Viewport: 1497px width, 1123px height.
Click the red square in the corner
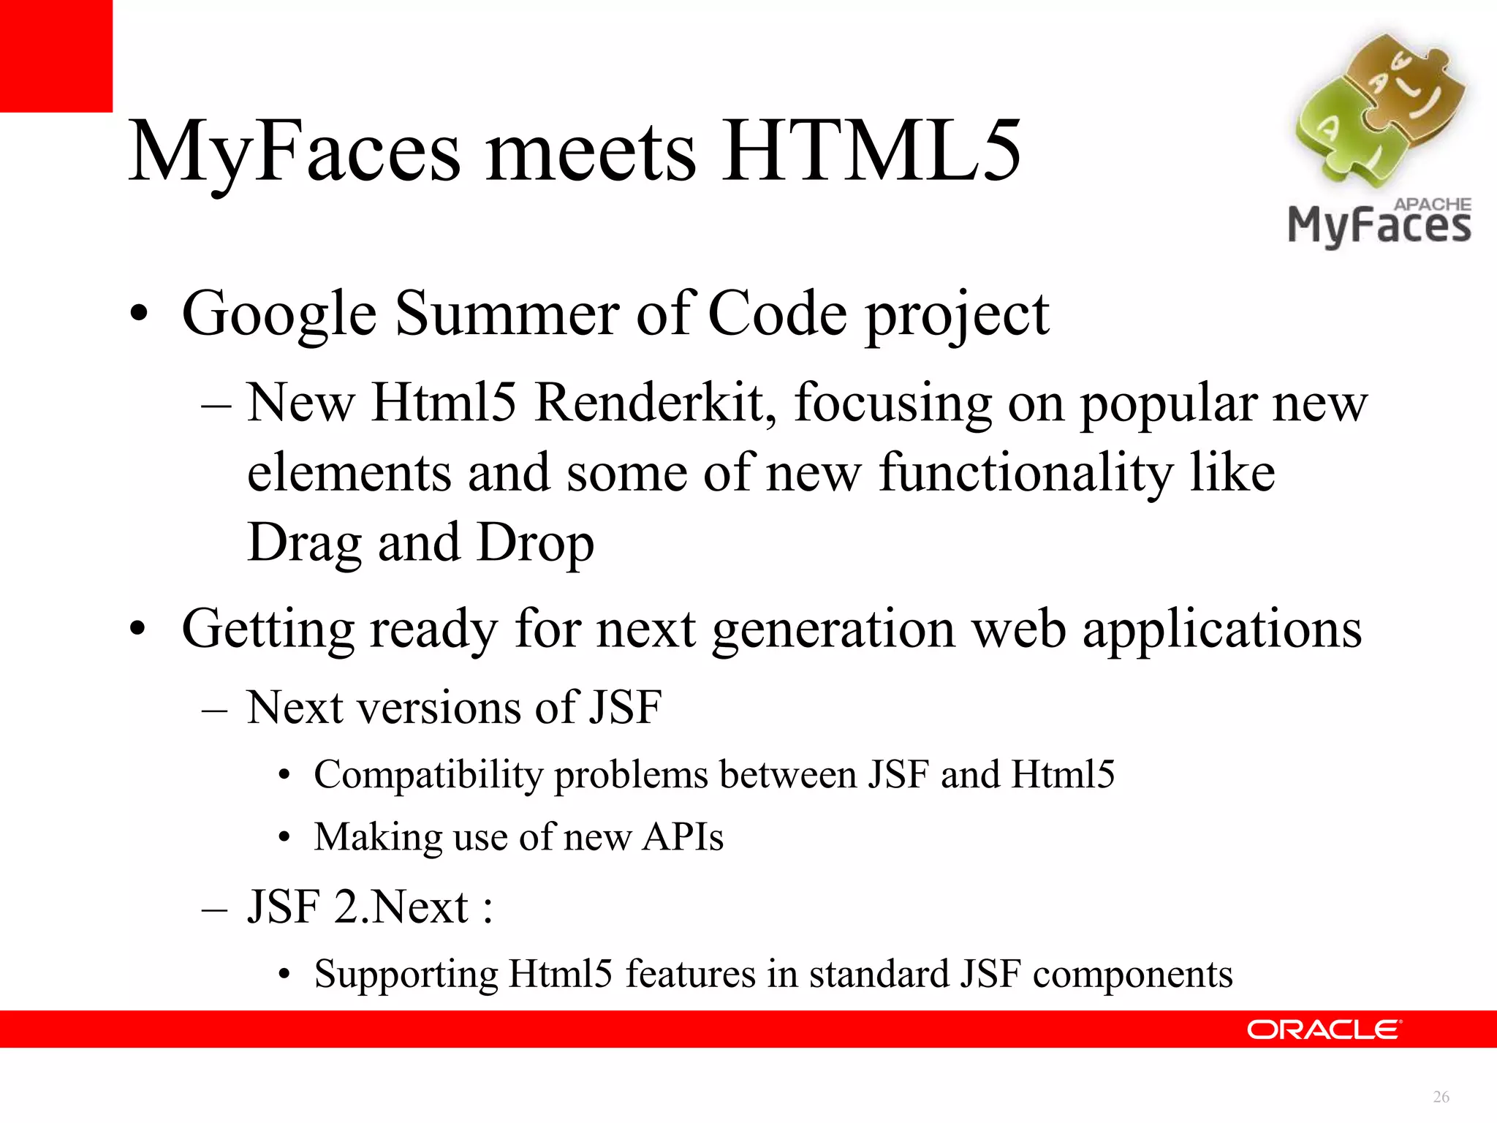coord(56,56)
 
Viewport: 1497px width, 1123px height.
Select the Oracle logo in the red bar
coord(1324,1029)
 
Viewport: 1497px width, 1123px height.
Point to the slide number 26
coord(1441,1097)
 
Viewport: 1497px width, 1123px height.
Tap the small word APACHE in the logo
coord(1433,205)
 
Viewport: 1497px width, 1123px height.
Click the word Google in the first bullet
coord(279,314)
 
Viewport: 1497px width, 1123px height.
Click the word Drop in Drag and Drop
coord(535,543)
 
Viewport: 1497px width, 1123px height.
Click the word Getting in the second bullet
coord(268,629)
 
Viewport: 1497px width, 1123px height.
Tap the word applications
coord(1221,629)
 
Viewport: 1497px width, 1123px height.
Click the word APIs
coord(683,836)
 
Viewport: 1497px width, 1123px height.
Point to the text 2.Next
coord(401,907)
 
